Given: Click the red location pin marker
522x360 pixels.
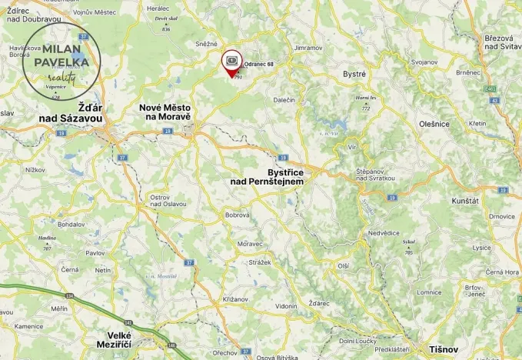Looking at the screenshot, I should click(x=231, y=62).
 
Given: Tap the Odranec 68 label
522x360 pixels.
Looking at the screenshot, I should click(x=259, y=64).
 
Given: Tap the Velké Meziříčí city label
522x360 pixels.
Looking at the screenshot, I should click(x=121, y=341).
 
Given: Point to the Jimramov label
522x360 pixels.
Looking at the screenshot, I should click(x=308, y=48).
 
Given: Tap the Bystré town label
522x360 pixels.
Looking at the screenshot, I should click(x=354, y=74).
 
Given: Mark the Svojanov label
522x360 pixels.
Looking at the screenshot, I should click(x=424, y=62).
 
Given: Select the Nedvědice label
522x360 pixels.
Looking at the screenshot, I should click(x=383, y=232).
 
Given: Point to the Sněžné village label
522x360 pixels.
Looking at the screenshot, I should click(x=207, y=44).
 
